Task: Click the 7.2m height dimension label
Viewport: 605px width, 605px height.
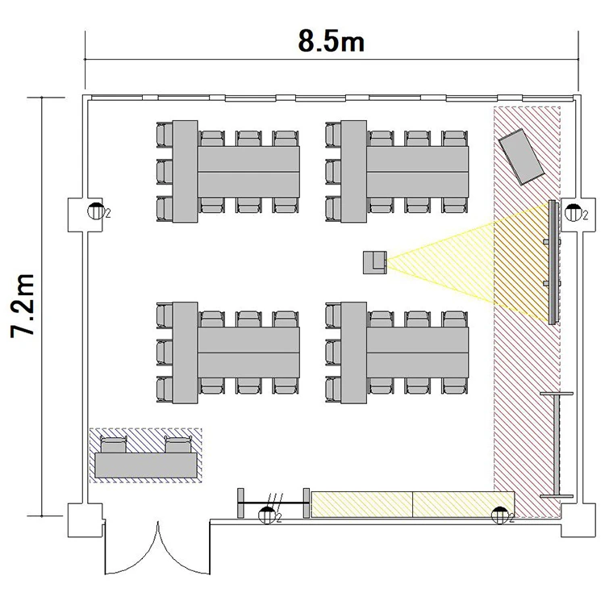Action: coord(23,306)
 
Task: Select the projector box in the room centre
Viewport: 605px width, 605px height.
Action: coord(374,263)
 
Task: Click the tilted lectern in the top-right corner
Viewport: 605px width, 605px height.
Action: coord(521,156)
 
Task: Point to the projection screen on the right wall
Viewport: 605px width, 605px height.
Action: coord(553,262)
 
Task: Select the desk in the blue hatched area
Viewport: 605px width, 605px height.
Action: coord(146,465)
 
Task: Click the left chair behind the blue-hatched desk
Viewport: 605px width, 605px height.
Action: coord(114,444)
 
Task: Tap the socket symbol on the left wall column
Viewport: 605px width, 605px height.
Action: coord(95,211)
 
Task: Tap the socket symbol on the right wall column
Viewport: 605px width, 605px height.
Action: coord(573,213)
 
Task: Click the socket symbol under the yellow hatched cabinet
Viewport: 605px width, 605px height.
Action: coord(500,515)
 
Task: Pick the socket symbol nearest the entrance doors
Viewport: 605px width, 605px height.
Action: coord(267,515)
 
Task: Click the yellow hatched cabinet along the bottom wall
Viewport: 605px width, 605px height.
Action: coord(413,504)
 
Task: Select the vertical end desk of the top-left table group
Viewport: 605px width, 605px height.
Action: coord(186,172)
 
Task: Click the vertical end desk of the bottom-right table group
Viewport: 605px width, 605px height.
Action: coord(353,353)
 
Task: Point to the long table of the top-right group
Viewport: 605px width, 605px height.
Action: coord(418,172)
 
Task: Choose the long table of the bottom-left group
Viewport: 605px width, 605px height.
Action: coord(249,353)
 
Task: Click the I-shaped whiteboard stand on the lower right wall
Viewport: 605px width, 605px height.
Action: coord(557,444)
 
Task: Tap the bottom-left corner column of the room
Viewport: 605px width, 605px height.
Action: coord(85,519)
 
